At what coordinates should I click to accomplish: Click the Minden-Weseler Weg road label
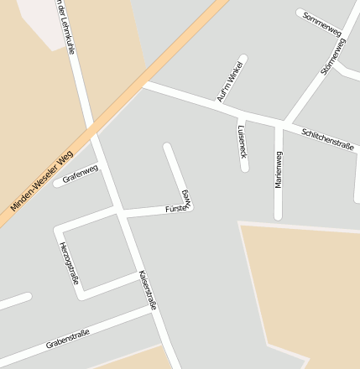pos(42,181)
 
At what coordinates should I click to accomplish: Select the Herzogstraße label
pos(69,262)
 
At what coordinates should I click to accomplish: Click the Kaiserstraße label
pos(149,291)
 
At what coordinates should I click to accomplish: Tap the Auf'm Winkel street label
pos(229,82)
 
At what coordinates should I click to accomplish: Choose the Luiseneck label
pos(242,142)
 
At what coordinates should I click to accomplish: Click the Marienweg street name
pos(279,169)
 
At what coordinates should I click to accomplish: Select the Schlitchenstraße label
pos(327,138)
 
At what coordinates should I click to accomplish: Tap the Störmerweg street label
pos(333,56)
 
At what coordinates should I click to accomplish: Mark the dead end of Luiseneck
pos(245,168)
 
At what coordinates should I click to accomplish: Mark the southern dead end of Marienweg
pos(279,216)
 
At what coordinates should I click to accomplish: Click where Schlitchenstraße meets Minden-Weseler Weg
pos(144,84)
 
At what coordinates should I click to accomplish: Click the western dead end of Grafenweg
pos(58,183)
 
